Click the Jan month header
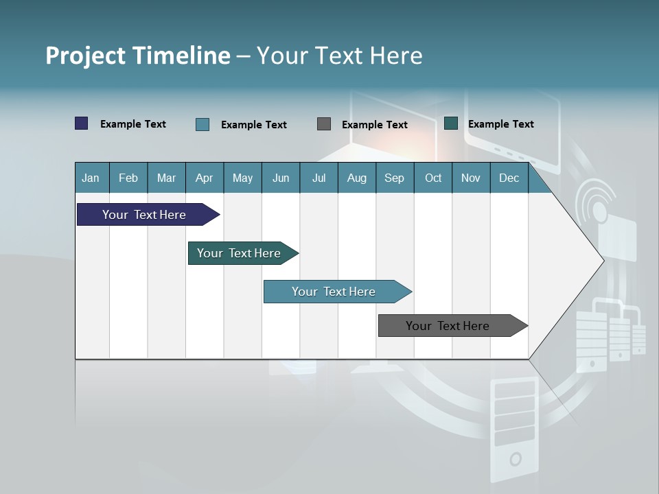point(91,178)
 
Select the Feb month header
point(128,178)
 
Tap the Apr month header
point(205,178)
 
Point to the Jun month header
point(281,178)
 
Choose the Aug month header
point(357,178)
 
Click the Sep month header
point(395,178)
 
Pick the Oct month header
point(433,178)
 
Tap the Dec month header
point(509,178)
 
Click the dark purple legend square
point(82,123)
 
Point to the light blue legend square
point(203,124)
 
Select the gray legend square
point(324,124)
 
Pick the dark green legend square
point(451,123)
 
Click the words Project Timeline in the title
point(138,56)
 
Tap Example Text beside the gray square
point(375,125)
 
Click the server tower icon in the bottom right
point(515,429)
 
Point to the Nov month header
point(471,178)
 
